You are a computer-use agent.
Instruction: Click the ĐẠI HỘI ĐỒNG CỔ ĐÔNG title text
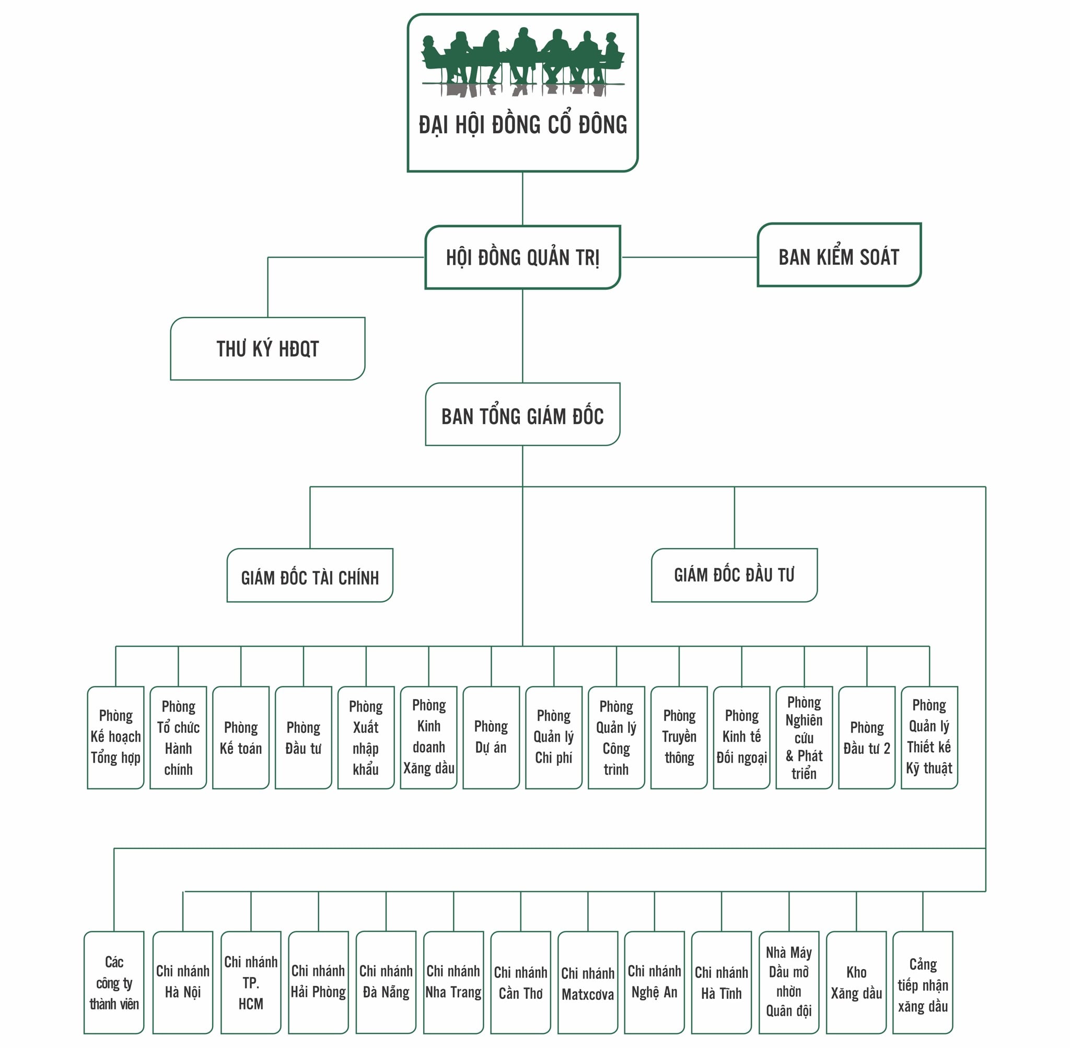pyautogui.click(x=522, y=125)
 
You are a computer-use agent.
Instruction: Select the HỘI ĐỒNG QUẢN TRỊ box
pyautogui.click(x=522, y=257)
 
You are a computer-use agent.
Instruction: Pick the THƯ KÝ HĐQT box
pyautogui.click(x=267, y=348)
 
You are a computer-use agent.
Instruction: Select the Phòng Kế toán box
pyautogui.click(x=240, y=738)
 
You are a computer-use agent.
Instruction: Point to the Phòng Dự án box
pyautogui.click(x=491, y=738)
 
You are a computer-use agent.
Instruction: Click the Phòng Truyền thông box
pyautogui.click(x=679, y=738)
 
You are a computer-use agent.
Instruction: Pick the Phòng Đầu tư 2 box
pyautogui.click(x=866, y=738)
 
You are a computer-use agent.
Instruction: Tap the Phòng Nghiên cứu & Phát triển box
pyautogui.click(x=804, y=738)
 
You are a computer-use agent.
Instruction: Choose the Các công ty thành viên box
pyautogui.click(x=114, y=983)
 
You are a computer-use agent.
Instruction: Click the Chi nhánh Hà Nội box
pyautogui.click(x=183, y=983)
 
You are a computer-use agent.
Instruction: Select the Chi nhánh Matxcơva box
pyautogui.click(x=587, y=983)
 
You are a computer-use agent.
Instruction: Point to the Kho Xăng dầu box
pyautogui.click(x=856, y=983)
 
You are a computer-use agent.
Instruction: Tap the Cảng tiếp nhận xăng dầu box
pyautogui.click(x=923, y=983)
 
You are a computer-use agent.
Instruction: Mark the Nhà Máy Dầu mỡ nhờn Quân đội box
pyautogui.click(x=789, y=983)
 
